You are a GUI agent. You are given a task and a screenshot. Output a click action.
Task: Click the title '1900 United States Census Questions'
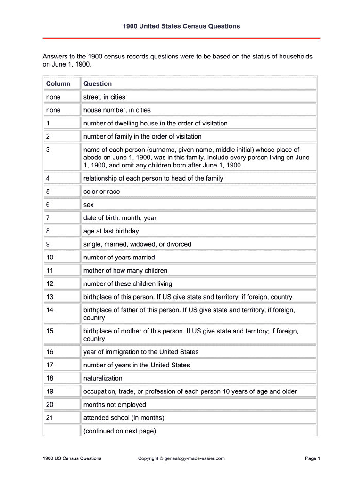click(181, 26)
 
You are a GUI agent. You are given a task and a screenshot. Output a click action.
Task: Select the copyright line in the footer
click(181, 458)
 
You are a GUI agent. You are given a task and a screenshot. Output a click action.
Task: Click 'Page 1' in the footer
click(313, 458)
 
